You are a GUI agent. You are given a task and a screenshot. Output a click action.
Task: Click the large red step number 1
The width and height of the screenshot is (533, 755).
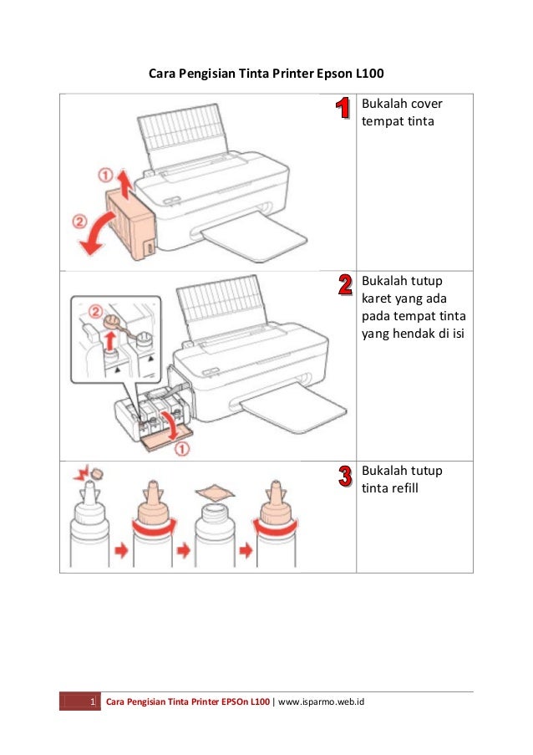point(343,110)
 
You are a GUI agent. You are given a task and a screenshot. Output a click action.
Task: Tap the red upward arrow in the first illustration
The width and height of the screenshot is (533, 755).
point(122,182)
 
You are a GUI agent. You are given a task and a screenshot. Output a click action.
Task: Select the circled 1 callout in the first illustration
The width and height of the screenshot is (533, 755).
point(105,176)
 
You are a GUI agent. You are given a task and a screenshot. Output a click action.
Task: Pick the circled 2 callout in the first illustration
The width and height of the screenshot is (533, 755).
point(78,222)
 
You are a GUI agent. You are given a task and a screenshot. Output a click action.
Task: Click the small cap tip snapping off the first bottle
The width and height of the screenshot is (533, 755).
point(96,475)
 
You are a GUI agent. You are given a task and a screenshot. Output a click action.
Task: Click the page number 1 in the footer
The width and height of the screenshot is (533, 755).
point(92,701)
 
